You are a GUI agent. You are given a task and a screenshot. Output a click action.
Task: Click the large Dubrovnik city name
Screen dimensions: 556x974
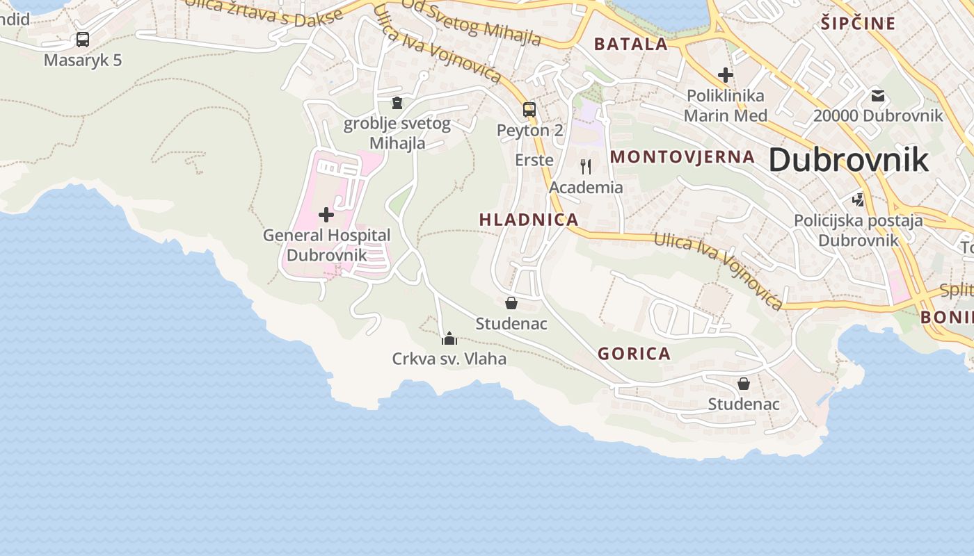pyautogui.click(x=848, y=160)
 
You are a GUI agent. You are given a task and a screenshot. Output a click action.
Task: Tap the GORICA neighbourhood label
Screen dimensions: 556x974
pyautogui.click(x=634, y=354)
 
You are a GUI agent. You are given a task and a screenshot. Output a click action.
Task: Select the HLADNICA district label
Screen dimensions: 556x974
pyautogui.click(x=529, y=220)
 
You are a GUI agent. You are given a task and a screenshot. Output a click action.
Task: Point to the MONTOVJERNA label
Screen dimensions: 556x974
pyautogui.click(x=682, y=157)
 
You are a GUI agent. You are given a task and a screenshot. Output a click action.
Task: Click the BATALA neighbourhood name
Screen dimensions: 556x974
pyautogui.click(x=631, y=44)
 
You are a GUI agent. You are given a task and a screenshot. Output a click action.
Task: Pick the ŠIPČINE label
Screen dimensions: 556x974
pyautogui.click(x=858, y=24)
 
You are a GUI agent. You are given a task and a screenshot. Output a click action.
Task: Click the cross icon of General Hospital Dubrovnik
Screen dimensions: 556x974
pyautogui.click(x=326, y=215)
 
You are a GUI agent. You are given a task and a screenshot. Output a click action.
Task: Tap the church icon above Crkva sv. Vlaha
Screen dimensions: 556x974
pyautogui.click(x=449, y=339)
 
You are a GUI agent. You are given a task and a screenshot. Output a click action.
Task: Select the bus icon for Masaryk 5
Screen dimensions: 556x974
pyautogui.click(x=83, y=40)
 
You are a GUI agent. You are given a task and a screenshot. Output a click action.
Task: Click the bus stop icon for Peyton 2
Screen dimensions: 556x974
pyautogui.click(x=529, y=110)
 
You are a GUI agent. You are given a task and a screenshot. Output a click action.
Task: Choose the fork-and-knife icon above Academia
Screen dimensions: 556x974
pyautogui.click(x=586, y=167)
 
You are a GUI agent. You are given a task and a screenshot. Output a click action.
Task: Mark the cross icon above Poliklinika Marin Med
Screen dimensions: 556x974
pyautogui.click(x=726, y=74)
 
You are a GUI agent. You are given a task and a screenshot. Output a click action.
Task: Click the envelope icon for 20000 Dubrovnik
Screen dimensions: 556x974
pyautogui.click(x=878, y=95)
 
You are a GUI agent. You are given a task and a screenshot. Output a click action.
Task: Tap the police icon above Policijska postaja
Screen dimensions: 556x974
pyautogui.click(x=859, y=200)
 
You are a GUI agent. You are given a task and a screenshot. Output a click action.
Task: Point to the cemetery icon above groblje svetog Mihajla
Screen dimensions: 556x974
pyautogui.click(x=397, y=103)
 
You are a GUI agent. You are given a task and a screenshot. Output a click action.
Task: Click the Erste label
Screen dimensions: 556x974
pyautogui.click(x=534, y=160)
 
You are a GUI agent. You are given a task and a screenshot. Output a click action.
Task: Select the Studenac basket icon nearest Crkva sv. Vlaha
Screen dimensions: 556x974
pyautogui.click(x=511, y=303)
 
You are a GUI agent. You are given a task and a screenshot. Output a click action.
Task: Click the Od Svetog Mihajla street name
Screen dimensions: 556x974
pyautogui.click(x=471, y=23)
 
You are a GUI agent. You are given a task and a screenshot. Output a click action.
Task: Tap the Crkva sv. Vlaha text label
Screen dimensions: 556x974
pyautogui.click(x=449, y=359)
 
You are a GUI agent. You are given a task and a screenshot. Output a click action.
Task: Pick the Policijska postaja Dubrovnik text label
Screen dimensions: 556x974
pyautogui.click(x=859, y=231)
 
